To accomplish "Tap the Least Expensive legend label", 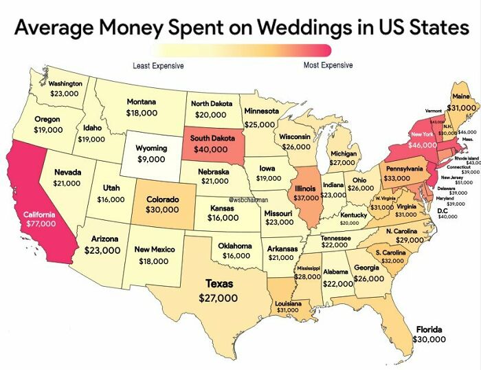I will tap(158, 66).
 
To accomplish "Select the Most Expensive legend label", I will tap(328, 65).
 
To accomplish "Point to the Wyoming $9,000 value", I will tap(151, 159).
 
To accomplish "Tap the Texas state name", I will tap(219, 283).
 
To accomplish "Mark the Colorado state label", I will tap(163, 199).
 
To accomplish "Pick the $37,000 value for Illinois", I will tap(304, 197).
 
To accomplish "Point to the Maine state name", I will tap(461, 96).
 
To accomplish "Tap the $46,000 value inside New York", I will tap(423, 146).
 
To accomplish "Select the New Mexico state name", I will tap(155, 249).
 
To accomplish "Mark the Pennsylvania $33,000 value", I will tap(399, 178).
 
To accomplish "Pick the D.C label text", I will tap(443, 210).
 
